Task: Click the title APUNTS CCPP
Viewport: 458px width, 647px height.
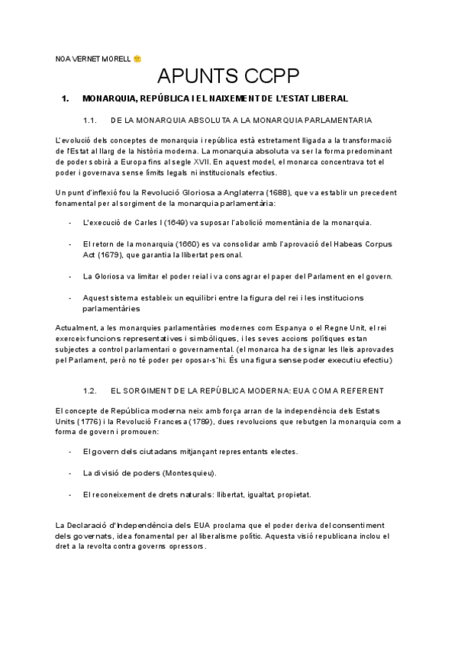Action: pyautogui.click(x=228, y=77)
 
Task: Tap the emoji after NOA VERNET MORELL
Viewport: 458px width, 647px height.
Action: pyautogui.click(x=137, y=58)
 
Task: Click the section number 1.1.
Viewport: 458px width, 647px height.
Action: pyautogui.click(x=89, y=121)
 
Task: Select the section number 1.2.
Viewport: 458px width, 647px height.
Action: pyautogui.click(x=89, y=390)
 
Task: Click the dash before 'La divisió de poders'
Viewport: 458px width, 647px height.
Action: pyautogui.click(x=70, y=472)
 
